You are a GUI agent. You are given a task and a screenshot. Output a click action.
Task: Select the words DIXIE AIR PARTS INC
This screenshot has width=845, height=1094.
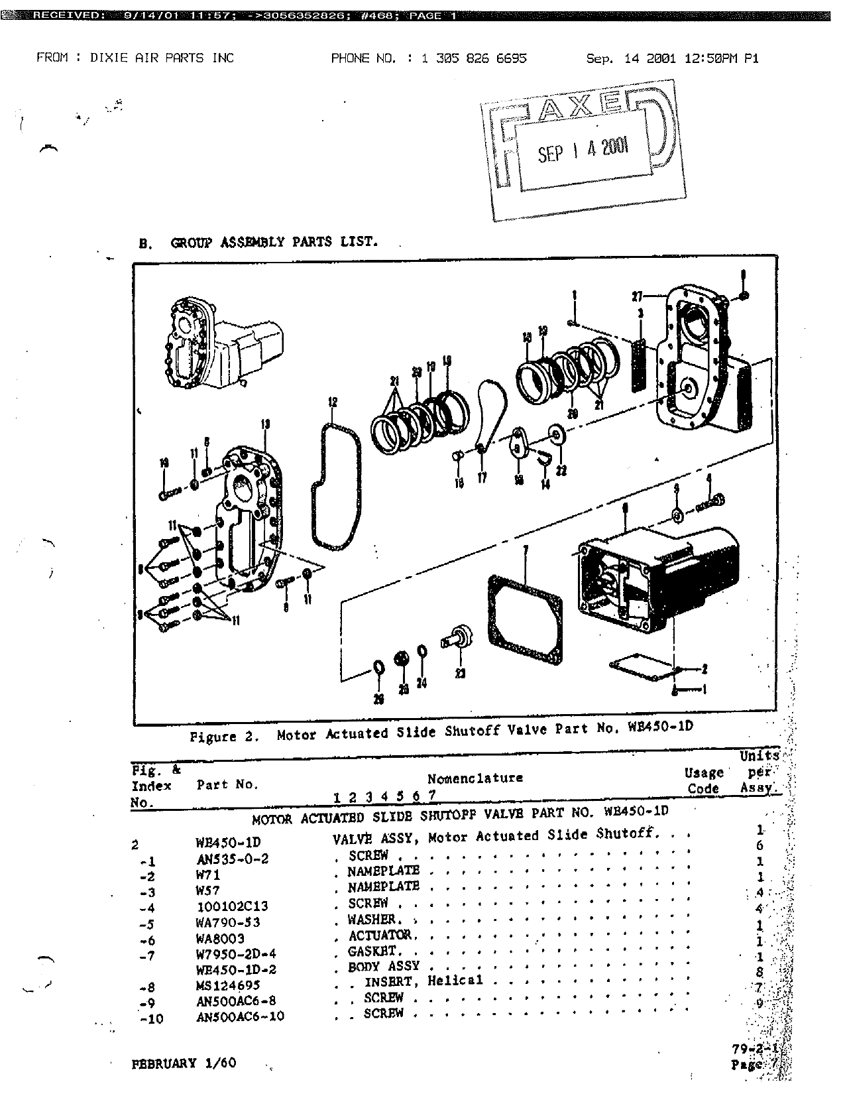point(162,58)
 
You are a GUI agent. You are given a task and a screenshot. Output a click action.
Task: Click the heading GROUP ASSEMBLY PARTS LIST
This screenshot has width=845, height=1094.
point(274,242)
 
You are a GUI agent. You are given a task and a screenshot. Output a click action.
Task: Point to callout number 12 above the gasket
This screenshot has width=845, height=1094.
point(332,402)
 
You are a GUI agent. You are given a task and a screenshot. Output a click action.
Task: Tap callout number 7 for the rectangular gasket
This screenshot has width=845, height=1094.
point(526,550)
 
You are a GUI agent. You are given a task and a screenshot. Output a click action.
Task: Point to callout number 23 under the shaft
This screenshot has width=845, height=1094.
point(459,674)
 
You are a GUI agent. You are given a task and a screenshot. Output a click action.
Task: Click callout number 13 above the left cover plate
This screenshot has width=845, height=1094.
point(265,423)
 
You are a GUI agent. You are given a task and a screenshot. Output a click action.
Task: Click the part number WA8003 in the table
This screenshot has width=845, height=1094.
point(220,939)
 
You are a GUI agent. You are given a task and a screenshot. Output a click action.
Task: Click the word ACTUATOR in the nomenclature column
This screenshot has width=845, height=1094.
point(383,936)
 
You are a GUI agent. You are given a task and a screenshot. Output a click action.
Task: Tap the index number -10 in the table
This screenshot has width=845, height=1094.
point(152,1019)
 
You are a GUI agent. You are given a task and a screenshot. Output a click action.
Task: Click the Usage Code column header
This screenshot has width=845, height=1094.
point(703,780)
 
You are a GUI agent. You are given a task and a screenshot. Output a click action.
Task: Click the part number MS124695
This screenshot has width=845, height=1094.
point(228,986)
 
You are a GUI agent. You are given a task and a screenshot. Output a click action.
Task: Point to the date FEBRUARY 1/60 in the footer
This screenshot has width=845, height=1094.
point(184,1064)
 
